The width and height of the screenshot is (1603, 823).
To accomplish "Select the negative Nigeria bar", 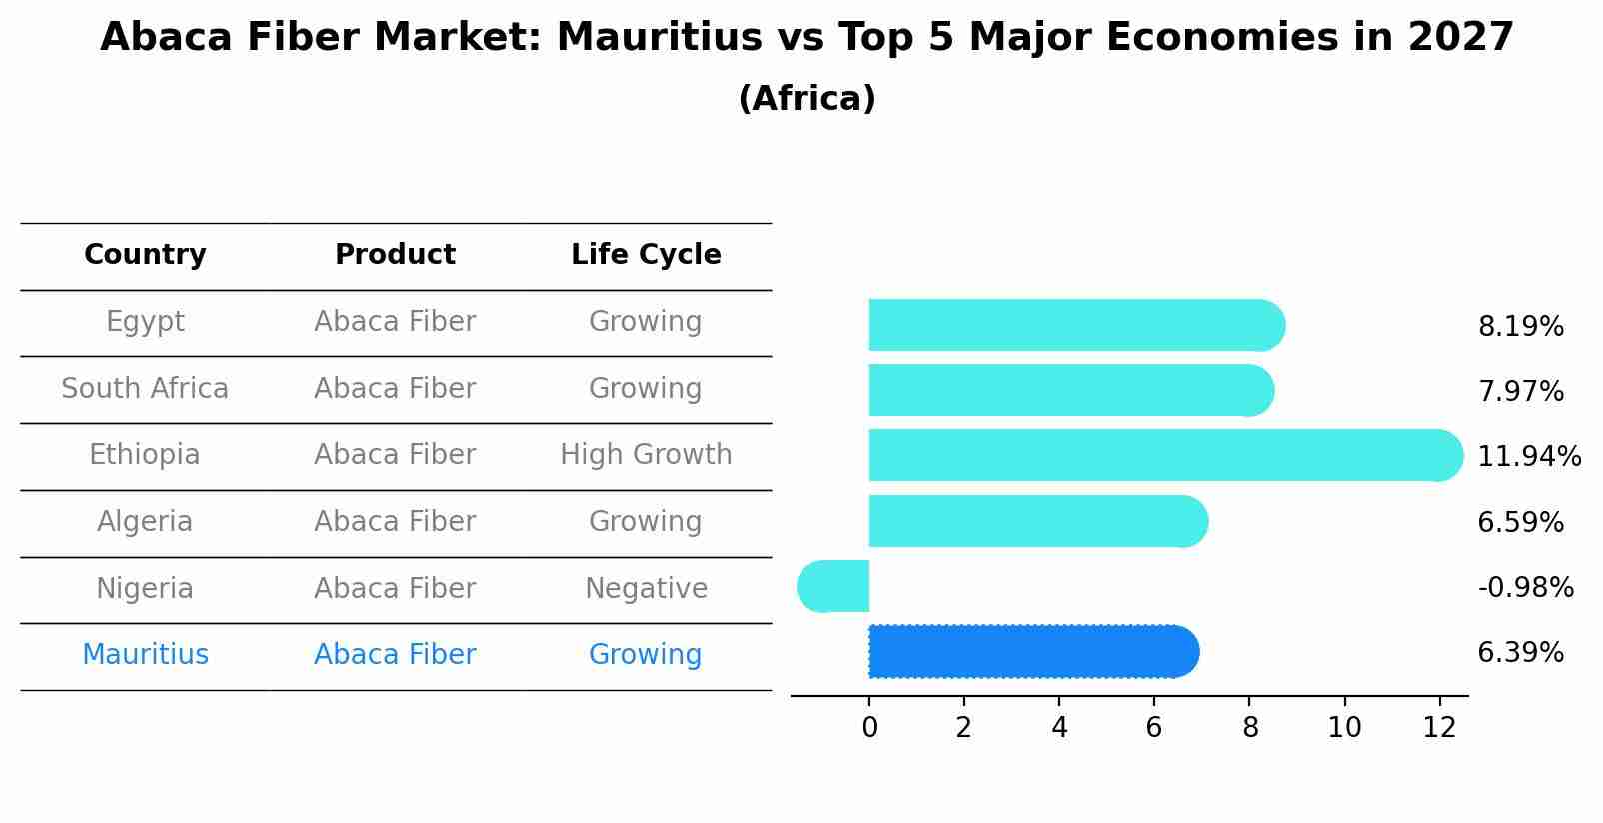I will point(833,586).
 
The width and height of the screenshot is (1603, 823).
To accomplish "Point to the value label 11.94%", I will point(1528,457).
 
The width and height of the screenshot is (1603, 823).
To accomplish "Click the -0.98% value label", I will point(1525,588).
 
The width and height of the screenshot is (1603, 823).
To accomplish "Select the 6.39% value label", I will point(1520,653).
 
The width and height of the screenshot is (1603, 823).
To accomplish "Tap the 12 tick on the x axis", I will point(1439,728).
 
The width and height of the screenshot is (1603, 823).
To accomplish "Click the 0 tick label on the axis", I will point(869,728).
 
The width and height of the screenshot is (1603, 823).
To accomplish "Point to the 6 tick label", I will point(1154,728).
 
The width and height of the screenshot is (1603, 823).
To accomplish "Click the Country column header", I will point(145,255).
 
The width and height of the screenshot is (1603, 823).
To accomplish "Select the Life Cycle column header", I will point(646,255).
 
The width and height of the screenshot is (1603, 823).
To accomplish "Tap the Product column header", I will point(395,255).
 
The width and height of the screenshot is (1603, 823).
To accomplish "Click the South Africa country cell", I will point(145,388).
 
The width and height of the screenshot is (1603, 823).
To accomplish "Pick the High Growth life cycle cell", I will point(646,455).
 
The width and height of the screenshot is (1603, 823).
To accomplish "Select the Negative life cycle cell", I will point(646,588).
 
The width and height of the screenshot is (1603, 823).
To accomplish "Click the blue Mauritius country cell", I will point(145,655).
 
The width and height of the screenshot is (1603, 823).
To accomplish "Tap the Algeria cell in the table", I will point(145,522).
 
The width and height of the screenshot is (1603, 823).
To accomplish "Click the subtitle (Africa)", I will point(806,99).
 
